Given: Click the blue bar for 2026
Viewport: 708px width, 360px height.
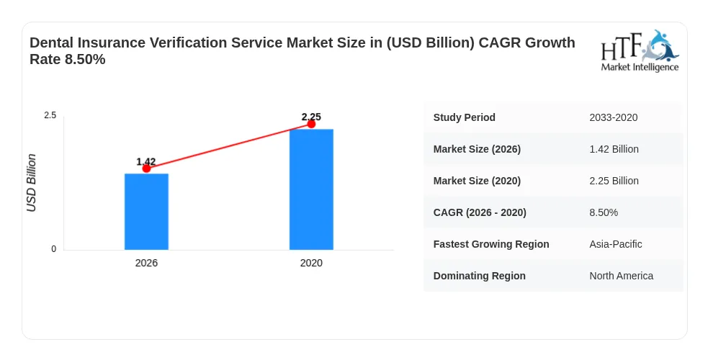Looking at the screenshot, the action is click(x=146, y=212).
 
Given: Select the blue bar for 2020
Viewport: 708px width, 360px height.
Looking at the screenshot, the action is click(x=311, y=189).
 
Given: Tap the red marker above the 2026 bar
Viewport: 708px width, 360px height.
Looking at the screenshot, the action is click(x=146, y=168).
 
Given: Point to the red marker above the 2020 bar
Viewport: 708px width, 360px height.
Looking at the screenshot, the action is click(x=311, y=124).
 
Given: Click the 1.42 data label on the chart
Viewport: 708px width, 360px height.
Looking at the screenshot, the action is click(x=145, y=161).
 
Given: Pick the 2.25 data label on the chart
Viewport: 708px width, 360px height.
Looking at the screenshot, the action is click(x=311, y=117).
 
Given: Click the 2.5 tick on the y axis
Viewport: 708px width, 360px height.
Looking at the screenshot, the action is click(x=50, y=115).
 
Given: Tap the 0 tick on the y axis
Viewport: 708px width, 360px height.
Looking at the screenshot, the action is click(x=54, y=249).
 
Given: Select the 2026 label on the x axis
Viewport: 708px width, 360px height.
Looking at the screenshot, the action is click(x=146, y=263).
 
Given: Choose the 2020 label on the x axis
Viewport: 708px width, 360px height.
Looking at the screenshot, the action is click(x=311, y=263).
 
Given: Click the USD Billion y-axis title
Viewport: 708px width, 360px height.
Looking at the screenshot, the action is click(x=31, y=183).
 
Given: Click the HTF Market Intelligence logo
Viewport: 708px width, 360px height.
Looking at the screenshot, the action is click(x=640, y=51).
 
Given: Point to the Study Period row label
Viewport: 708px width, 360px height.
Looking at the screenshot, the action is click(x=464, y=117).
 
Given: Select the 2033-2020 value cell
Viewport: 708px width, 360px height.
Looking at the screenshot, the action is click(x=613, y=118).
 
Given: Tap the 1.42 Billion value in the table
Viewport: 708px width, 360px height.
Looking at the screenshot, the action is click(x=614, y=149).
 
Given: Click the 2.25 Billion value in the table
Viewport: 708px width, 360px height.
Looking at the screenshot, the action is click(x=614, y=181).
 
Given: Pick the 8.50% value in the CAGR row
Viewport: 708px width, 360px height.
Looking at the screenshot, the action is click(x=604, y=212).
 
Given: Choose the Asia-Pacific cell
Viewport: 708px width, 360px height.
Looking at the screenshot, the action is click(x=615, y=244).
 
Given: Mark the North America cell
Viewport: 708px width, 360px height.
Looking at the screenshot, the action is click(x=621, y=276).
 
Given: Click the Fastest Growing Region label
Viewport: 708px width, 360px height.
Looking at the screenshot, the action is click(x=491, y=244).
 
